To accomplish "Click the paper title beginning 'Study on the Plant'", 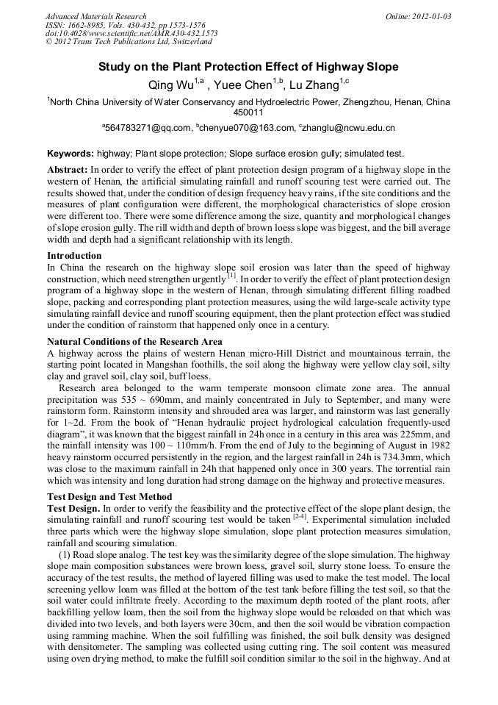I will click(x=248, y=67).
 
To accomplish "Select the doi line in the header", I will click(x=131, y=34).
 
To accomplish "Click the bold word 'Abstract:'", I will click(x=68, y=169).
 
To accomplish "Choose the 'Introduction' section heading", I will click(x=74, y=256).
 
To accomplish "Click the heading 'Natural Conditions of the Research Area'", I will click(x=134, y=342).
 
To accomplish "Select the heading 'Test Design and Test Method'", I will click(x=109, y=496).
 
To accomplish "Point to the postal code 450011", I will click(x=248, y=112).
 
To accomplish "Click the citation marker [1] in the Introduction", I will click(x=231, y=277).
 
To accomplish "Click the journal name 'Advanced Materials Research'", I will click(x=96, y=16).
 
